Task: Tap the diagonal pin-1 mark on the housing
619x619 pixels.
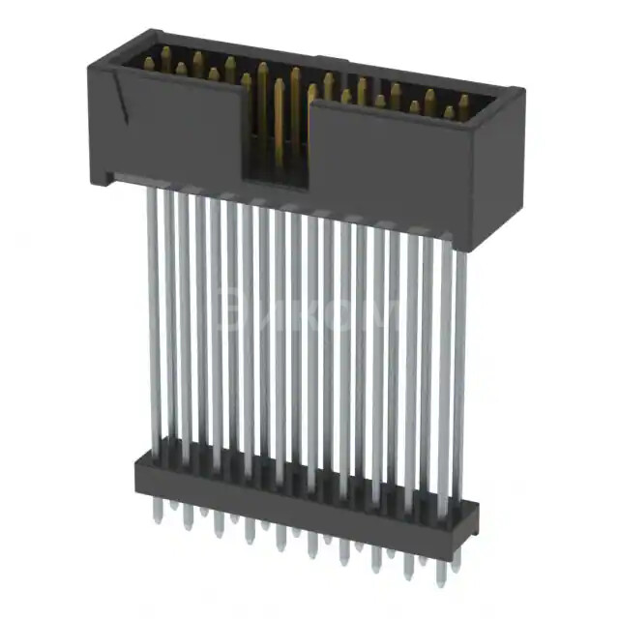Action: click(x=120, y=98)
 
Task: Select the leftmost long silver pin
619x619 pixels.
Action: click(x=153, y=319)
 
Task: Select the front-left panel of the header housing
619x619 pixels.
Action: click(x=169, y=126)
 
